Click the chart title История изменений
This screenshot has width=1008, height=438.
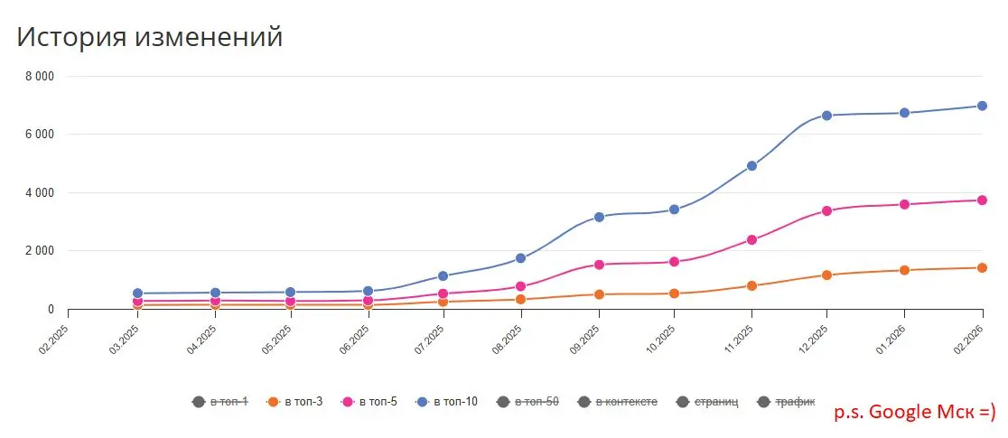pos(149,37)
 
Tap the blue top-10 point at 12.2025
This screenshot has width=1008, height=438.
pos(826,116)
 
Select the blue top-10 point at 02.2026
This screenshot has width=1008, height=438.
pos(982,106)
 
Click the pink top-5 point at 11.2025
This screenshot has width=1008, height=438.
pos(751,239)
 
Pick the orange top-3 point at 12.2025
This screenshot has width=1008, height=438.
pos(826,275)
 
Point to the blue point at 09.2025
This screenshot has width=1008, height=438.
pos(599,217)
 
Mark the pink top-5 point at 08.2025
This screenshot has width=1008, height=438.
pos(520,286)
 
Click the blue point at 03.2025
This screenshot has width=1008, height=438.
pos(137,294)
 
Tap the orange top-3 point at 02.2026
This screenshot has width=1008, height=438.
pos(982,267)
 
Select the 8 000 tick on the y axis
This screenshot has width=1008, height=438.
pos(39,77)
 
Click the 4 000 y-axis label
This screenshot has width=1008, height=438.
pos(39,192)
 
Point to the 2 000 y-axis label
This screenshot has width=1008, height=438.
pos(39,251)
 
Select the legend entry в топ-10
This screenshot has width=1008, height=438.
pos(448,401)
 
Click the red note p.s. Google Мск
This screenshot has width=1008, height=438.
pos(912,412)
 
